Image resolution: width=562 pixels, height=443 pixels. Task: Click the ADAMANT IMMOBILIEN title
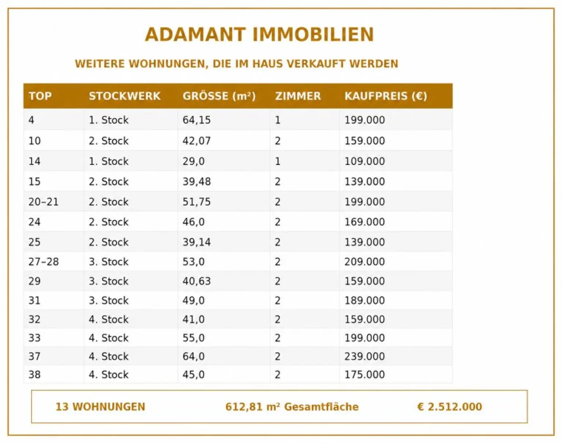click(259, 34)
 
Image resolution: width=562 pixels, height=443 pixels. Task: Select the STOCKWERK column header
click(124, 96)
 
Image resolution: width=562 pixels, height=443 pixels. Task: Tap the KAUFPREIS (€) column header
click(386, 96)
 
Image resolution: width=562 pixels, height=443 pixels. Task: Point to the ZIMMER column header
click(298, 96)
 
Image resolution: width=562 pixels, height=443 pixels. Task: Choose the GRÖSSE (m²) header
click(219, 96)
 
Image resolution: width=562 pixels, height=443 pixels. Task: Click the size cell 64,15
click(196, 120)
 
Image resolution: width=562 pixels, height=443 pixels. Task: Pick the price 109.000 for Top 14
click(364, 161)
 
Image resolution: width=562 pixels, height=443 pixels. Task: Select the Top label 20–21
click(43, 202)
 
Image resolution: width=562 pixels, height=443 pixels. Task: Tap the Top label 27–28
click(43, 262)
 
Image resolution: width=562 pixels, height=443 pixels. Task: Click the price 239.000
click(364, 356)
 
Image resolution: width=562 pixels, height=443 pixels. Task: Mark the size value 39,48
click(196, 181)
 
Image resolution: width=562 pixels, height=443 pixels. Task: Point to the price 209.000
click(364, 262)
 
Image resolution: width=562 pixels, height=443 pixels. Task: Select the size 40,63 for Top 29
click(196, 281)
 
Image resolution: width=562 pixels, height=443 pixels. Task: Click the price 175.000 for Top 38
click(364, 375)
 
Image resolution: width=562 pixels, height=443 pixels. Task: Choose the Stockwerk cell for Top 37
click(108, 356)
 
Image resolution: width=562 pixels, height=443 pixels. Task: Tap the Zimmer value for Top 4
click(278, 120)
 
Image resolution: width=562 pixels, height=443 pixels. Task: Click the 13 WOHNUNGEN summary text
click(100, 407)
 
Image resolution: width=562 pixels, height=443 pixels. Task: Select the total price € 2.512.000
click(449, 407)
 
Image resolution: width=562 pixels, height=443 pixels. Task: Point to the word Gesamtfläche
click(321, 407)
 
